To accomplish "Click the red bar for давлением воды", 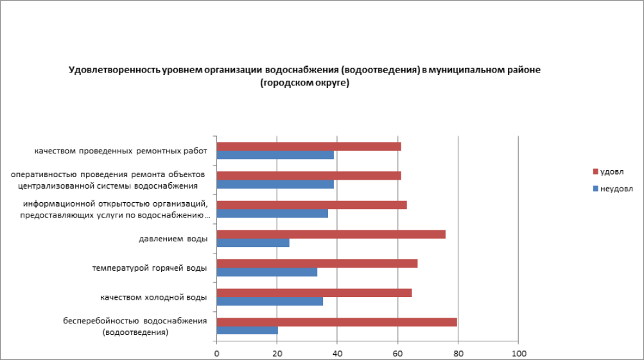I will [331, 234].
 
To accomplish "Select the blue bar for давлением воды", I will [253, 243].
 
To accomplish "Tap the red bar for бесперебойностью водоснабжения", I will [336, 322].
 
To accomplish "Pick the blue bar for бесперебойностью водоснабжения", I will [247, 330].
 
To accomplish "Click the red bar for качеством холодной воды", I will [314, 293].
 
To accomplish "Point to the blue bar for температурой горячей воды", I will [267, 272].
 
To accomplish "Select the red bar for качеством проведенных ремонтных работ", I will [309, 146].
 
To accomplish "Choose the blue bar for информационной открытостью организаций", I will [272, 213].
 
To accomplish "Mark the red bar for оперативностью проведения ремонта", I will [309, 176].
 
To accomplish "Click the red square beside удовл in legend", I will [595, 172].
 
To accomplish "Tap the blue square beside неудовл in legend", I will [595, 189].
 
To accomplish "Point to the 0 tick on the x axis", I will [217, 354].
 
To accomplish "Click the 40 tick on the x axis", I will [337, 354].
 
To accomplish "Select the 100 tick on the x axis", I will [518, 354].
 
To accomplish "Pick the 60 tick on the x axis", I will [397, 354].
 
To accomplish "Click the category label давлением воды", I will [173, 239].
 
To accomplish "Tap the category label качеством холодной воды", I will [153, 297].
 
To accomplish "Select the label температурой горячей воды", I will [150, 268].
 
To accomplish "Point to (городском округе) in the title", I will [304, 83].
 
